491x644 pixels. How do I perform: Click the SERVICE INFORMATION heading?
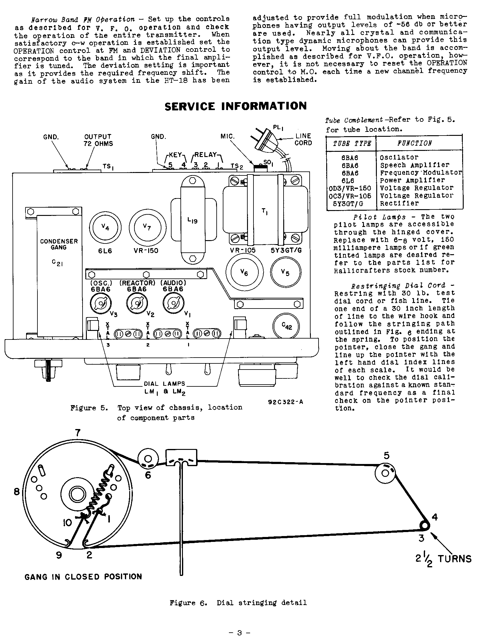(x=235, y=106)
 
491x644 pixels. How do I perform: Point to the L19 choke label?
(x=192, y=220)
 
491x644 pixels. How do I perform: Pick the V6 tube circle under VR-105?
(x=244, y=272)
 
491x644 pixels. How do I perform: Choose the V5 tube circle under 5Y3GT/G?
(x=286, y=272)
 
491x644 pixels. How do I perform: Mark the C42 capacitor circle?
(x=286, y=326)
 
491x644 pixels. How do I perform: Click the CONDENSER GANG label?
(x=59, y=244)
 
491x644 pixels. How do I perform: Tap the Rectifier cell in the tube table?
(x=399, y=203)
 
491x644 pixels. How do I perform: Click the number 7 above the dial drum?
(x=78, y=433)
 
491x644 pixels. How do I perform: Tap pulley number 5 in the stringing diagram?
(x=385, y=473)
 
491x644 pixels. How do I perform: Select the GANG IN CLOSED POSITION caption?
(x=83, y=577)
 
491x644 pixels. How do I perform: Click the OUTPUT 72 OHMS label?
(x=98, y=140)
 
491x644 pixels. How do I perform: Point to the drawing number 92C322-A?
(x=285, y=402)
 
